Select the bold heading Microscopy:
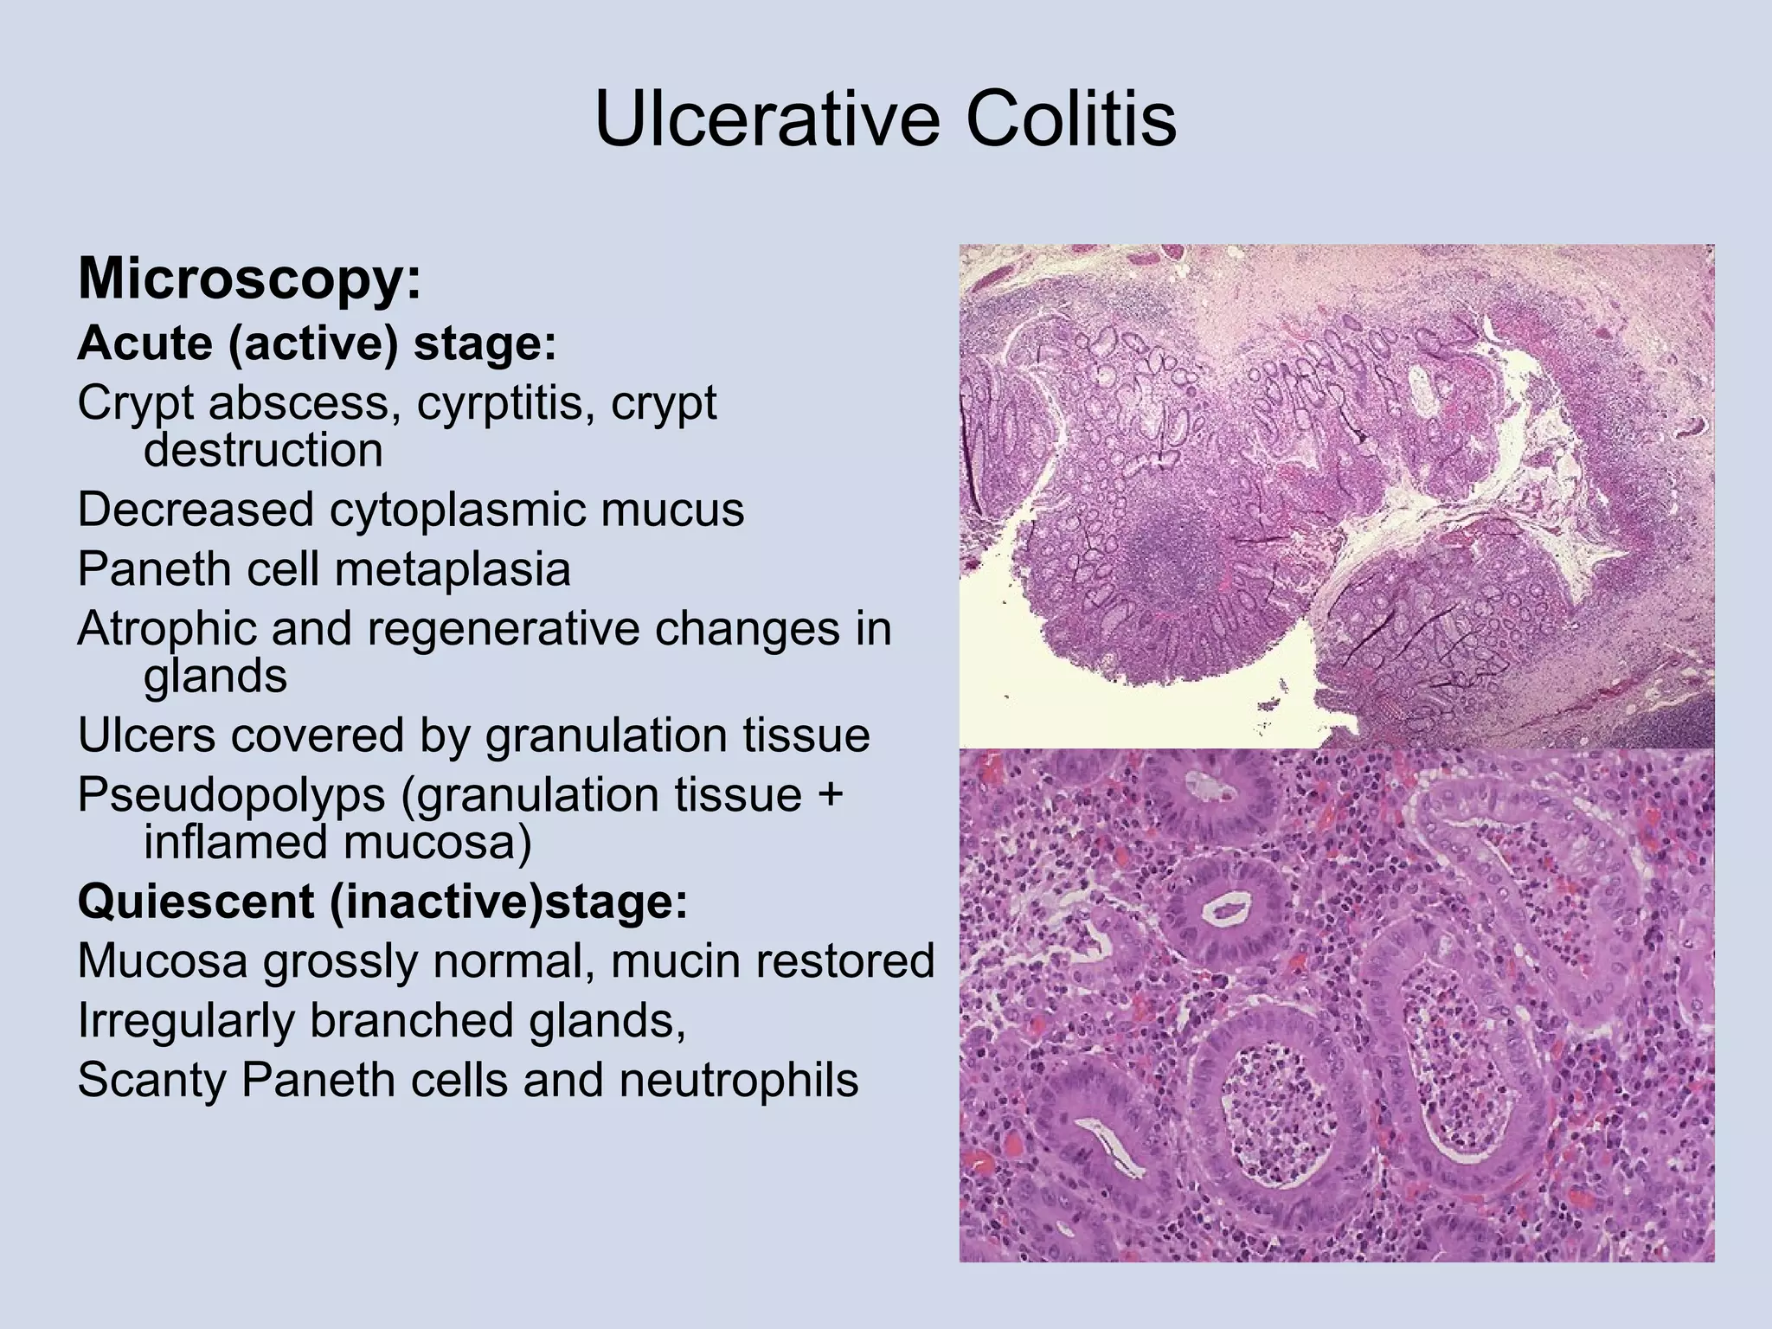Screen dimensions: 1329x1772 click(x=249, y=279)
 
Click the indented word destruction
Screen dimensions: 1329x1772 click(x=263, y=450)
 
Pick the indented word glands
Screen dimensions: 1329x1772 click(x=215, y=676)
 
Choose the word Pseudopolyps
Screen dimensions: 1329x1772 click(x=231, y=794)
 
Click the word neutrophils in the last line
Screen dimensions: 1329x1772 click(x=739, y=1079)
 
